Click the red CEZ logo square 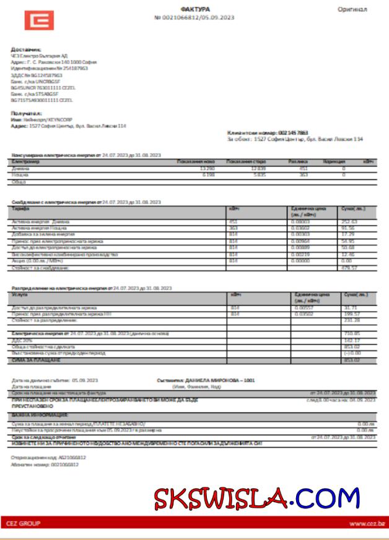tap(39, 20)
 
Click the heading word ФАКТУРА tap(194, 9)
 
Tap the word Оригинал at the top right tap(352, 9)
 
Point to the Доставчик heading tap(25, 49)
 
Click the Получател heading tap(26, 114)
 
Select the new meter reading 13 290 tap(207, 168)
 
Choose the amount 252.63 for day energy tap(350, 221)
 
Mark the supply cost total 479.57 tap(350, 268)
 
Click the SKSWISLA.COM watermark tap(256, 497)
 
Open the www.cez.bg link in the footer tap(366, 524)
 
